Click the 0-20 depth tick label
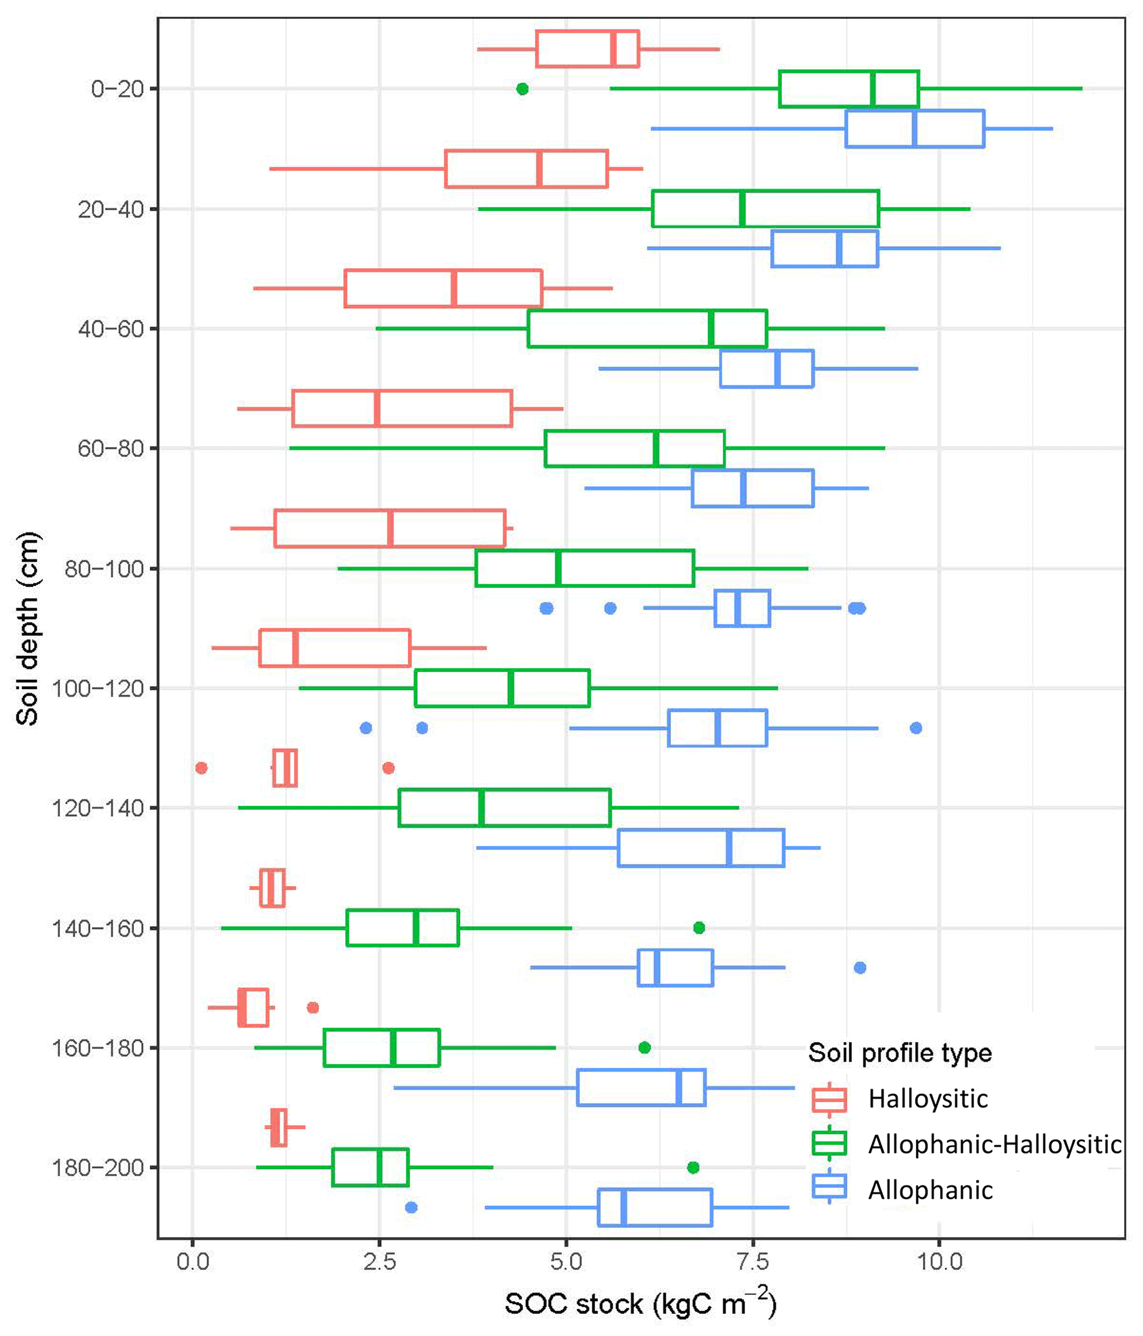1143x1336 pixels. (x=117, y=88)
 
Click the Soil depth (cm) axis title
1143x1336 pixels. (x=28, y=629)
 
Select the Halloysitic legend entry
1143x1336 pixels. (x=927, y=1098)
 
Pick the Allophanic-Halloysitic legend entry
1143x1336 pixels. (x=994, y=1144)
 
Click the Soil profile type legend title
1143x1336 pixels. (x=900, y=1052)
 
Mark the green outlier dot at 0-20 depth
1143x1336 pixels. (x=523, y=88)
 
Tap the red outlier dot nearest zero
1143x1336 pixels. (x=201, y=768)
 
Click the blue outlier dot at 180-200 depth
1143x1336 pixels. (x=411, y=1207)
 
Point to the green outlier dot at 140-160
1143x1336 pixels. (x=699, y=928)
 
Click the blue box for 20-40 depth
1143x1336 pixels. (x=824, y=248)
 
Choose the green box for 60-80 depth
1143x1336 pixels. (x=635, y=448)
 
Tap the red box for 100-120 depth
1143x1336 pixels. (x=335, y=648)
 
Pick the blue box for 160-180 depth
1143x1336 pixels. (x=641, y=1087)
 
